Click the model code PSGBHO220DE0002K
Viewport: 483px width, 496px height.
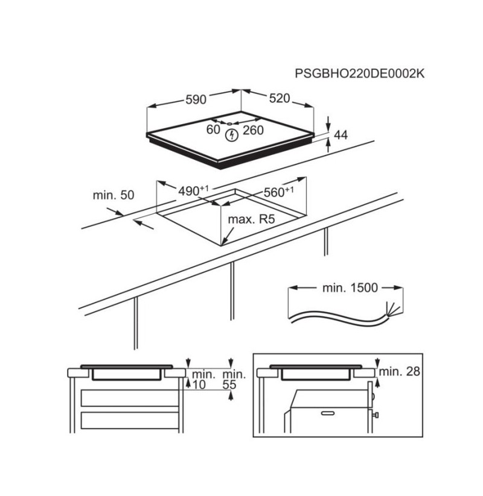point(359,74)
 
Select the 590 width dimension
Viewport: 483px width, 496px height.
point(196,99)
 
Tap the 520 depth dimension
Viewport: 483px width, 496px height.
point(280,98)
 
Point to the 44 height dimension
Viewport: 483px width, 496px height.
point(341,135)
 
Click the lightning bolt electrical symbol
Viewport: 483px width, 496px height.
point(232,135)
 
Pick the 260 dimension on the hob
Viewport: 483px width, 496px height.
point(253,130)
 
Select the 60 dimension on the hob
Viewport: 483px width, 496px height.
point(213,130)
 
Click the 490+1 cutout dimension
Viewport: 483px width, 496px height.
point(193,191)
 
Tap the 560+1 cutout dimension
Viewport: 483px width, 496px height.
point(278,192)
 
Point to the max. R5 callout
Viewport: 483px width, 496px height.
point(251,219)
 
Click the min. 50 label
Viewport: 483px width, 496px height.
point(114,195)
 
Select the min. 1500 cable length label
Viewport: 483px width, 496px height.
point(350,288)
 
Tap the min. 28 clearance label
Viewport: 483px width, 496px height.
point(399,371)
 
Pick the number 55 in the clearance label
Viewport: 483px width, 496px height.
point(229,385)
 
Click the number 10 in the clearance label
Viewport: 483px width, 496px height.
point(199,385)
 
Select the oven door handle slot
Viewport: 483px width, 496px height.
point(327,413)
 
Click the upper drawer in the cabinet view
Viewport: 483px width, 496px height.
point(130,398)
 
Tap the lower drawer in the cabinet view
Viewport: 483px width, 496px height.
point(130,421)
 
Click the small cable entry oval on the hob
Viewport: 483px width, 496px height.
point(229,124)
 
